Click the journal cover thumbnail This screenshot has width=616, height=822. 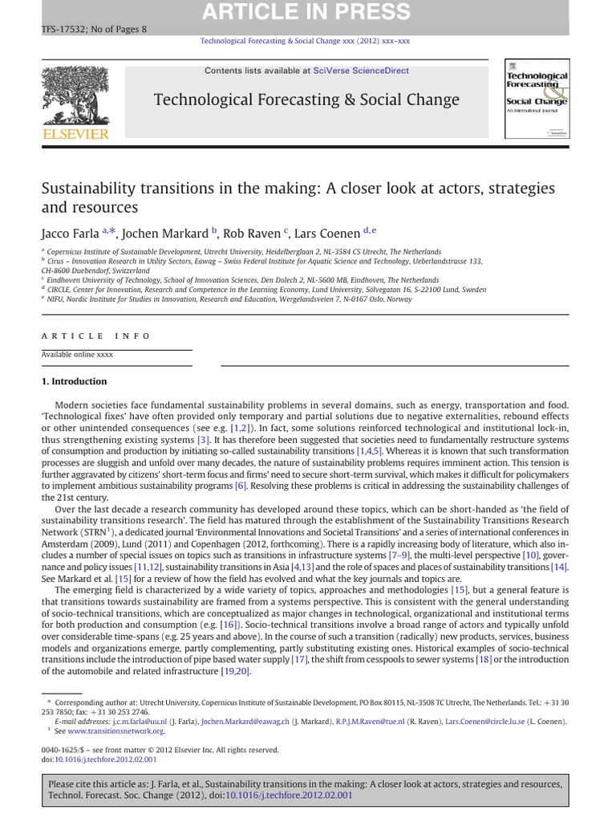[x=536, y=100]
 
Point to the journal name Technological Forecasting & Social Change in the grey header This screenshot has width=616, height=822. [x=306, y=100]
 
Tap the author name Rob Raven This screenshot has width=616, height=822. [x=254, y=234]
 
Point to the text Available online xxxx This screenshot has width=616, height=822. [x=77, y=354]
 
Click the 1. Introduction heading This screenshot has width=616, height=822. [x=74, y=381]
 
